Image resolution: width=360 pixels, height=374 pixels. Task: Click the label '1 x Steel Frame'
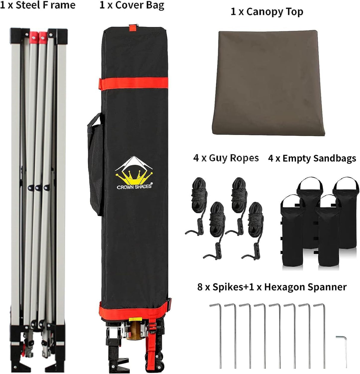[38, 5]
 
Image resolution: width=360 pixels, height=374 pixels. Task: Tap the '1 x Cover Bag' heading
[132, 5]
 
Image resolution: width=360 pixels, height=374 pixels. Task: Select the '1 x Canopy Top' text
[267, 12]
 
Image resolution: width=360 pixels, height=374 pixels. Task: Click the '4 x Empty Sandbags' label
[312, 159]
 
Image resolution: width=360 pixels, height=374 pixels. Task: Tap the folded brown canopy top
[268, 83]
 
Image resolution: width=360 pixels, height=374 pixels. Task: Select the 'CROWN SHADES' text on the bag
[134, 186]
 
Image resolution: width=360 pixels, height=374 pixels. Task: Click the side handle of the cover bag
[95, 164]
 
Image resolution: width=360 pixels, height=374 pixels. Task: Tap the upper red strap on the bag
[134, 84]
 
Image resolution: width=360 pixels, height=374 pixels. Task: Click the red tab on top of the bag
[133, 28]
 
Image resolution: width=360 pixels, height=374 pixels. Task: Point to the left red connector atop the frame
[34, 37]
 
